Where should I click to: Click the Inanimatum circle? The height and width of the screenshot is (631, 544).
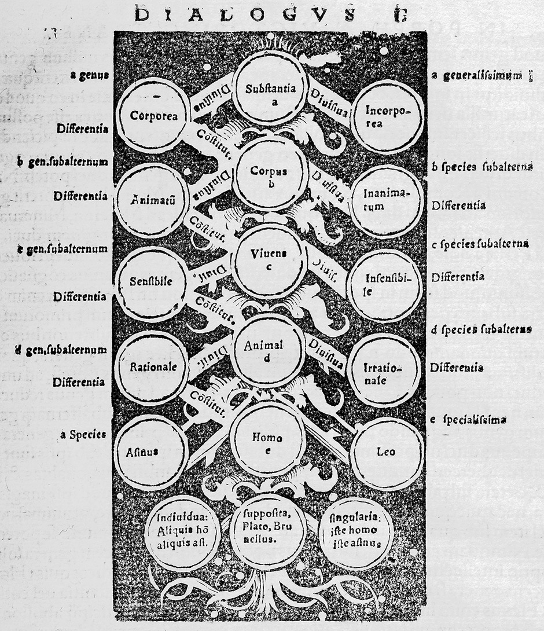(387, 200)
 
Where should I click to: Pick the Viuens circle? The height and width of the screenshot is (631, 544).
(269, 261)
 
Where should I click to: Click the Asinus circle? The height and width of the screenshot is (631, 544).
(151, 452)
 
